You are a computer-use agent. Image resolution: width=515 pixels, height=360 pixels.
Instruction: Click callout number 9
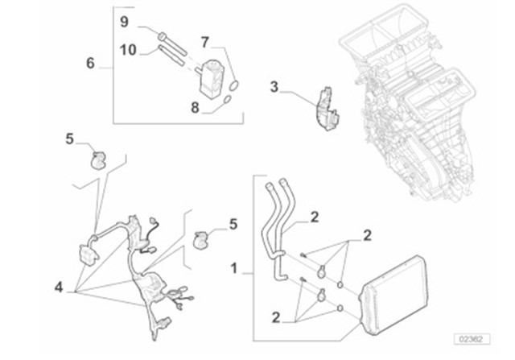(x=125, y=22)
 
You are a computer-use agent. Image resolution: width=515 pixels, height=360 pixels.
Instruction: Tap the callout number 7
(x=205, y=40)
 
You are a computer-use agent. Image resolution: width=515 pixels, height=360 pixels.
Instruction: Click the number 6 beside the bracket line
(x=90, y=63)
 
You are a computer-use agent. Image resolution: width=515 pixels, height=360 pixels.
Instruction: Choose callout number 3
(x=274, y=85)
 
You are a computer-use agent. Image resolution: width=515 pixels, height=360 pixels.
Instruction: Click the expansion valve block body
(x=211, y=73)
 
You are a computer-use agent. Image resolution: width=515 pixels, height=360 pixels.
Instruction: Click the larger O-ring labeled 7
(x=233, y=84)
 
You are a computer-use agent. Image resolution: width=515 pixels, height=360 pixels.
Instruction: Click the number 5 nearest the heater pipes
(x=233, y=224)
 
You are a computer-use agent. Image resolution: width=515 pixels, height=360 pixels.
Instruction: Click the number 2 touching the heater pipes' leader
(x=314, y=217)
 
